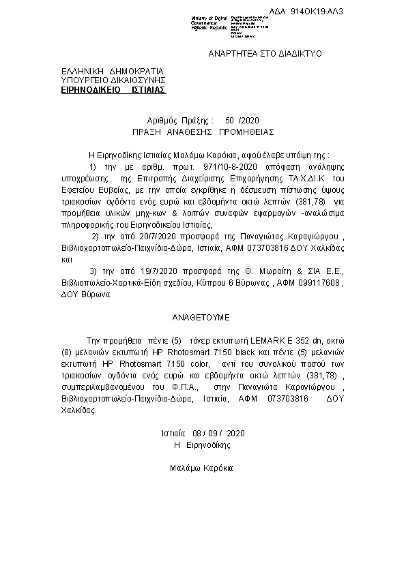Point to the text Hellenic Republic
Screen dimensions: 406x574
point(209,27)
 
